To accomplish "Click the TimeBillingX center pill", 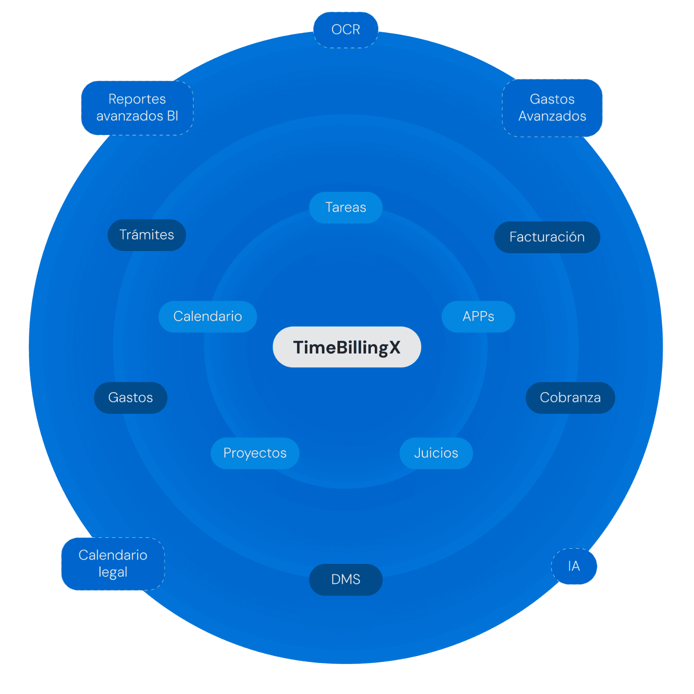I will point(347,347).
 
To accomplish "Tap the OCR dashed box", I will point(346,29).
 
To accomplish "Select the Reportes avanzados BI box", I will point(137,108).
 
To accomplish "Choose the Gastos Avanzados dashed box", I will point(552,108).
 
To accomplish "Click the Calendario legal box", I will point(113,564).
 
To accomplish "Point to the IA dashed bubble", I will point(574,566).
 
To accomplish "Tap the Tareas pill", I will point(346,207).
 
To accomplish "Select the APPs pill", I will point(478,316).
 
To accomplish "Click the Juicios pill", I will point(436,453).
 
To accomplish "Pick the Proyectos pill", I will point(255,453).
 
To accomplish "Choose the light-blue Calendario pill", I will point(208,316).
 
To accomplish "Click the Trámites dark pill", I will point(147,235).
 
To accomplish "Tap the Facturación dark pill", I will point(547,237).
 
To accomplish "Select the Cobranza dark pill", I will point(570,397).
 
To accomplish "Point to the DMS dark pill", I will point(346,579).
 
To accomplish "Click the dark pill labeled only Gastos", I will point(131,397).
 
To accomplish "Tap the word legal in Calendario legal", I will point(113,573).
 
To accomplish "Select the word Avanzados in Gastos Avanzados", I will point(552,116).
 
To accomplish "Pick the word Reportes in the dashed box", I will point(137,99).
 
